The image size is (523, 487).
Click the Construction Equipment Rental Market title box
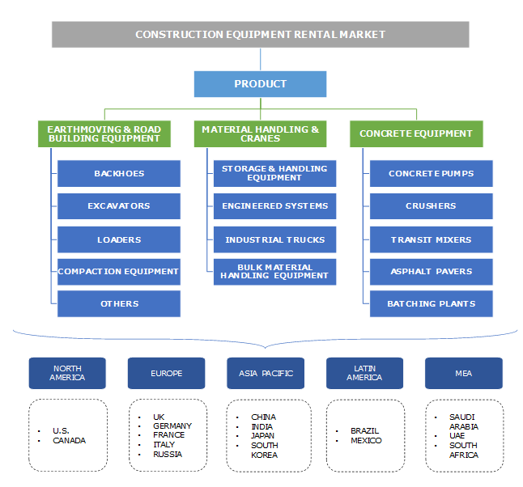[x=260, y=35]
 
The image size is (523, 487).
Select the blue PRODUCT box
[x=260, y=84]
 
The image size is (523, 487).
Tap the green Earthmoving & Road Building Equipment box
[x=104, y=133]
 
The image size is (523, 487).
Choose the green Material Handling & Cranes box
[x=260, y=133]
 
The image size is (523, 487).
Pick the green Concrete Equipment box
[x=416, y=133]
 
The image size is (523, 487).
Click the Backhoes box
[x=118, y=173]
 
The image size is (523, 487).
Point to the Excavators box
[x=118, y=206]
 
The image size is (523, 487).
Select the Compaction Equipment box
[x=118, y=272]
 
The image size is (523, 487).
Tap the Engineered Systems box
[x=274, y=206]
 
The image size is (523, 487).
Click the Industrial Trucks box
[x=274, y=239]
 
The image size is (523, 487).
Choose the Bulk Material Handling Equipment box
[x=274, y=272]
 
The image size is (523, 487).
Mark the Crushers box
[x=431, y=206]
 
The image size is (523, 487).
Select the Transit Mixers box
[x=431, y=239]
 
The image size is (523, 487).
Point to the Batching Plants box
[x=431, y=304]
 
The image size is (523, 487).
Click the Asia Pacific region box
[x=266, y=373]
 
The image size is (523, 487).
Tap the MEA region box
[x=463, y=373]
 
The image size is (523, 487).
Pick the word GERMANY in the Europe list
[x=172, y=426]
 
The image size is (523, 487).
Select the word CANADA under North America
[x=69, y=441]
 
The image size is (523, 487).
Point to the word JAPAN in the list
[x=263, y=436]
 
